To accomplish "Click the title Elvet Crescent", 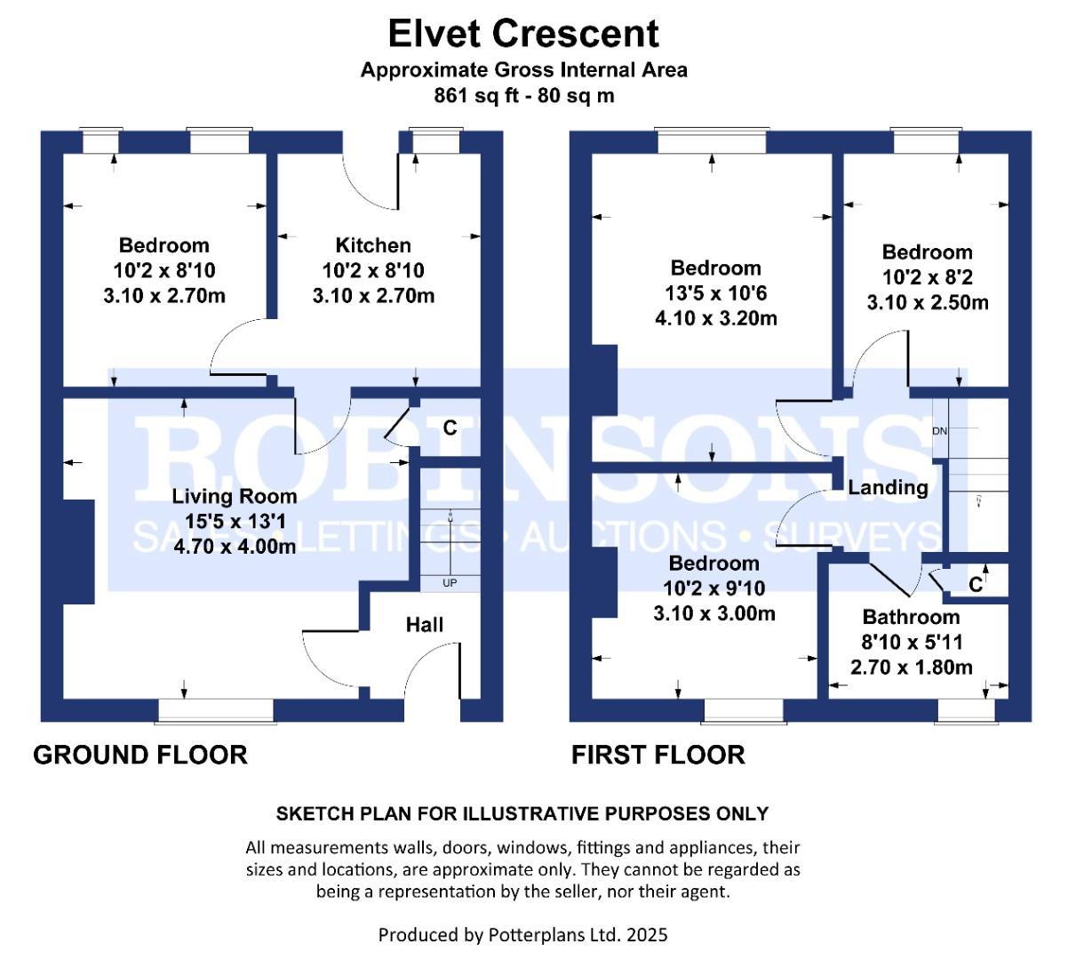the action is tap(523, 34).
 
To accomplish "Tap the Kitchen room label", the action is tap(373, 245).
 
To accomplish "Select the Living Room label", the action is tap(235, 497).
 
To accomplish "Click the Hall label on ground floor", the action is tap(425, 625).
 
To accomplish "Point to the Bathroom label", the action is tap(912, 617).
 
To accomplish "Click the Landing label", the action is tap(888, 488).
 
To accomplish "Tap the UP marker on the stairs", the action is tap(450, 583).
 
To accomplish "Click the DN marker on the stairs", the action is tap(939, 431).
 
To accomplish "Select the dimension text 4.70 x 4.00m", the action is tap(235, 547).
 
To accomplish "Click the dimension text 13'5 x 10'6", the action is tap(716, 293).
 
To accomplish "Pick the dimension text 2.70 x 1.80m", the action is tap(912, 668).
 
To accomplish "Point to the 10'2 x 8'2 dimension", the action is tap(928, 277).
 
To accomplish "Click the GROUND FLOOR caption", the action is tap(140, 756).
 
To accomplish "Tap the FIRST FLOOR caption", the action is tap(658, 756).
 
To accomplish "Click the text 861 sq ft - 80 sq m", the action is tap(523, 96).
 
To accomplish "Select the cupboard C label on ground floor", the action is tap(450, 428).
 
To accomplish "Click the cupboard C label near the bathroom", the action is tap(976, 585).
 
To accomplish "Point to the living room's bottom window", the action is tap(216, 711).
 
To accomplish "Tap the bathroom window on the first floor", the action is tap(967, 711).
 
